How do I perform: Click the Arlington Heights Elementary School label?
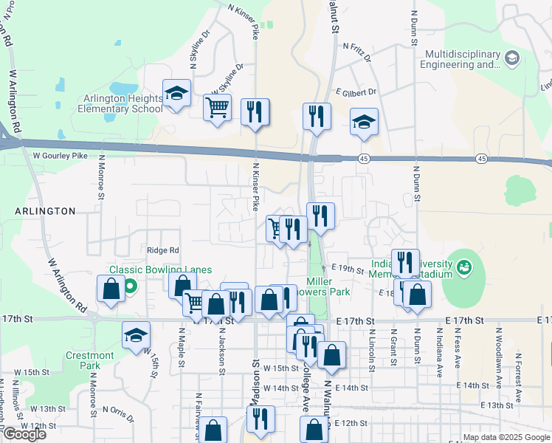pyautogui.click(x=120, y=104)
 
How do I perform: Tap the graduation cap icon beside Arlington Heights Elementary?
pyautogui.click(x=176, y=94)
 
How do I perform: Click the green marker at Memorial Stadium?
pyautogui.click(x=464, y=266)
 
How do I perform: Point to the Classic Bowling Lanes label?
pyautogui.click(x=160, y=270)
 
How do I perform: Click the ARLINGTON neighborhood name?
pyautogui.click(x=44, y=211)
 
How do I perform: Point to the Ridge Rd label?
pyautogui.click(x=163, y=250)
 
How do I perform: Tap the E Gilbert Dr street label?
pyautogui.click(x=356, y=92)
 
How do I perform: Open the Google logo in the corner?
pyautogui.click(x=24, y=433)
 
